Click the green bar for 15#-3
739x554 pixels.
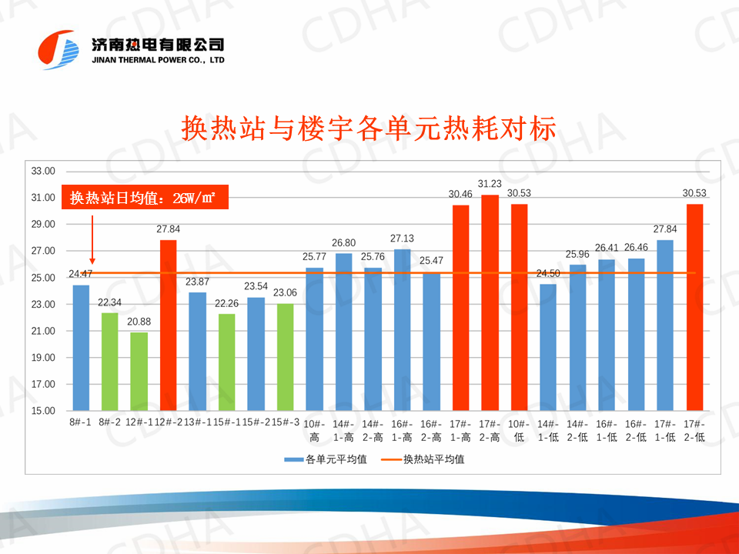tap(285, 357)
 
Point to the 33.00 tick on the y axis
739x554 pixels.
tap(43, 171)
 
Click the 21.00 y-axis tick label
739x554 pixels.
tap(43, 331)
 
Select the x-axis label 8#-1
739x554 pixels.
tap(80, 422)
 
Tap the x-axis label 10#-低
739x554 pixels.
tap(519, 429)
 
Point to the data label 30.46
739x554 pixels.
tap(460, 195)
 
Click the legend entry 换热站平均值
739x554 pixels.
tap(433, 459)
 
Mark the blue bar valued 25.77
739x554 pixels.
tap(314, 339)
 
